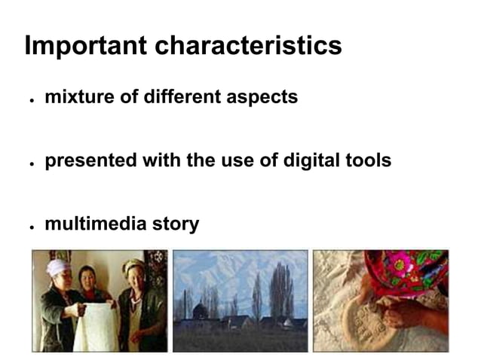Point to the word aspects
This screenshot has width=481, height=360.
coord(264,98)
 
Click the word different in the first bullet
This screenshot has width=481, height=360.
coord(179,97)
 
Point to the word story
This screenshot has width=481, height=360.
coord(174,224)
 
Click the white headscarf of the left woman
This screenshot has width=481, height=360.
coord(57,266)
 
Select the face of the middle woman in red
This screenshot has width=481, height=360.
coord(88,276)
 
